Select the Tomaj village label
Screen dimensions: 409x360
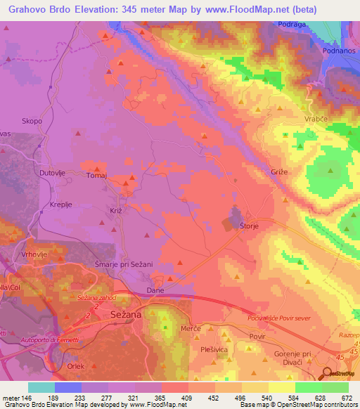click(96, 176)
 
